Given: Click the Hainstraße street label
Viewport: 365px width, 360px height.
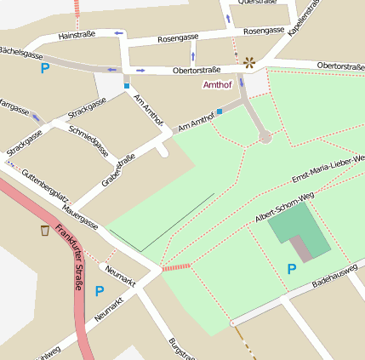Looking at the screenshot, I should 77,36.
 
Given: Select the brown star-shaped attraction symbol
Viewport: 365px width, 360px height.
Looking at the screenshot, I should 249,62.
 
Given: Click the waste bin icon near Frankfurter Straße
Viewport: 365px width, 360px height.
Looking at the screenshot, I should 44,230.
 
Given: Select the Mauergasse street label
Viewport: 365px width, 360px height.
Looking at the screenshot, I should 80,217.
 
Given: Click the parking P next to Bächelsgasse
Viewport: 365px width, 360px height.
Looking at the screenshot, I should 45,68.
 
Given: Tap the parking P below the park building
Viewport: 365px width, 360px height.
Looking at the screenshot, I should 291,269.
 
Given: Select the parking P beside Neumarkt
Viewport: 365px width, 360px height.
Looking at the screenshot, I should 100,291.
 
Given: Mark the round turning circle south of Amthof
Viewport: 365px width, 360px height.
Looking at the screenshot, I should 265,136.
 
